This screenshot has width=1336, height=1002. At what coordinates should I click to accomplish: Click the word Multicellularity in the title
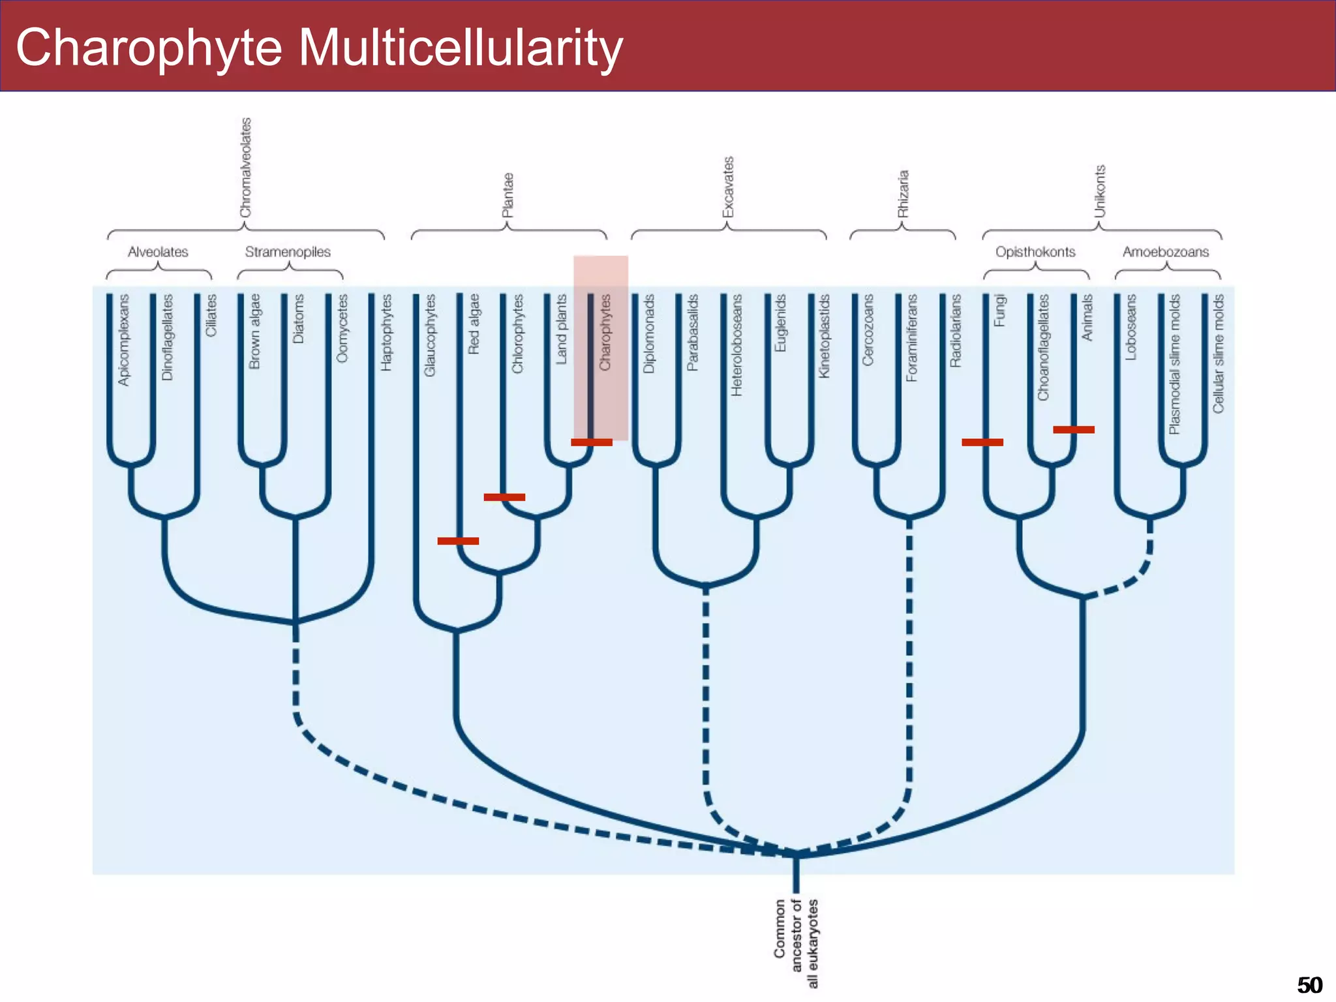(460, 48)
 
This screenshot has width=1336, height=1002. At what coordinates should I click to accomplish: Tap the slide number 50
(1309, 984)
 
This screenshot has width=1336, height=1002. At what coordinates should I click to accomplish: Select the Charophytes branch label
(605, 332)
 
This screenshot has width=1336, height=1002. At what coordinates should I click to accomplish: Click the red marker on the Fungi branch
(982, 442)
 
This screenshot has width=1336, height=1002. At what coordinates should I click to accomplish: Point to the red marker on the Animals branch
(1073, 429)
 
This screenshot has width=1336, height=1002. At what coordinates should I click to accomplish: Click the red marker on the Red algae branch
(458, 541)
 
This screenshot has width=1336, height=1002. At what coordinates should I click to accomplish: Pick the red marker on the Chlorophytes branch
(504, 497)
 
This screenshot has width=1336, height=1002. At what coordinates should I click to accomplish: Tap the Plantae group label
(508, 195)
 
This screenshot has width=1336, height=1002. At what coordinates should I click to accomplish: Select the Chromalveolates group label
(245, 168)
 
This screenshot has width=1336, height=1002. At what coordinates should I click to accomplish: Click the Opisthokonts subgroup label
(1035, 252)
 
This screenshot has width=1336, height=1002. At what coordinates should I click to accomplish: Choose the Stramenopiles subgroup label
(288, 252)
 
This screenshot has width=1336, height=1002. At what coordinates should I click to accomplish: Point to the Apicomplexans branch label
(123, 340)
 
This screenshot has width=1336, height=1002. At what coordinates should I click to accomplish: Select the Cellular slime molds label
(1218, 353)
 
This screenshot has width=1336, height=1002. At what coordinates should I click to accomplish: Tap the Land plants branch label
(561, 329)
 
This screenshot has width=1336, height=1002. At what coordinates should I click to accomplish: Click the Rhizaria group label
(903, 194)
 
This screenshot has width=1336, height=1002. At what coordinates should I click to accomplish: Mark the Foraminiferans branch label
(911, 337)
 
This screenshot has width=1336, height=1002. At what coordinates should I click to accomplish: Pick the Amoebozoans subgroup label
(1165, 252)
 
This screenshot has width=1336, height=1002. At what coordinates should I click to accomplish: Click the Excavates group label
(728, 187)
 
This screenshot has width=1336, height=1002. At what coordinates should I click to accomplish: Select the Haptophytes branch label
(386, 332)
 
